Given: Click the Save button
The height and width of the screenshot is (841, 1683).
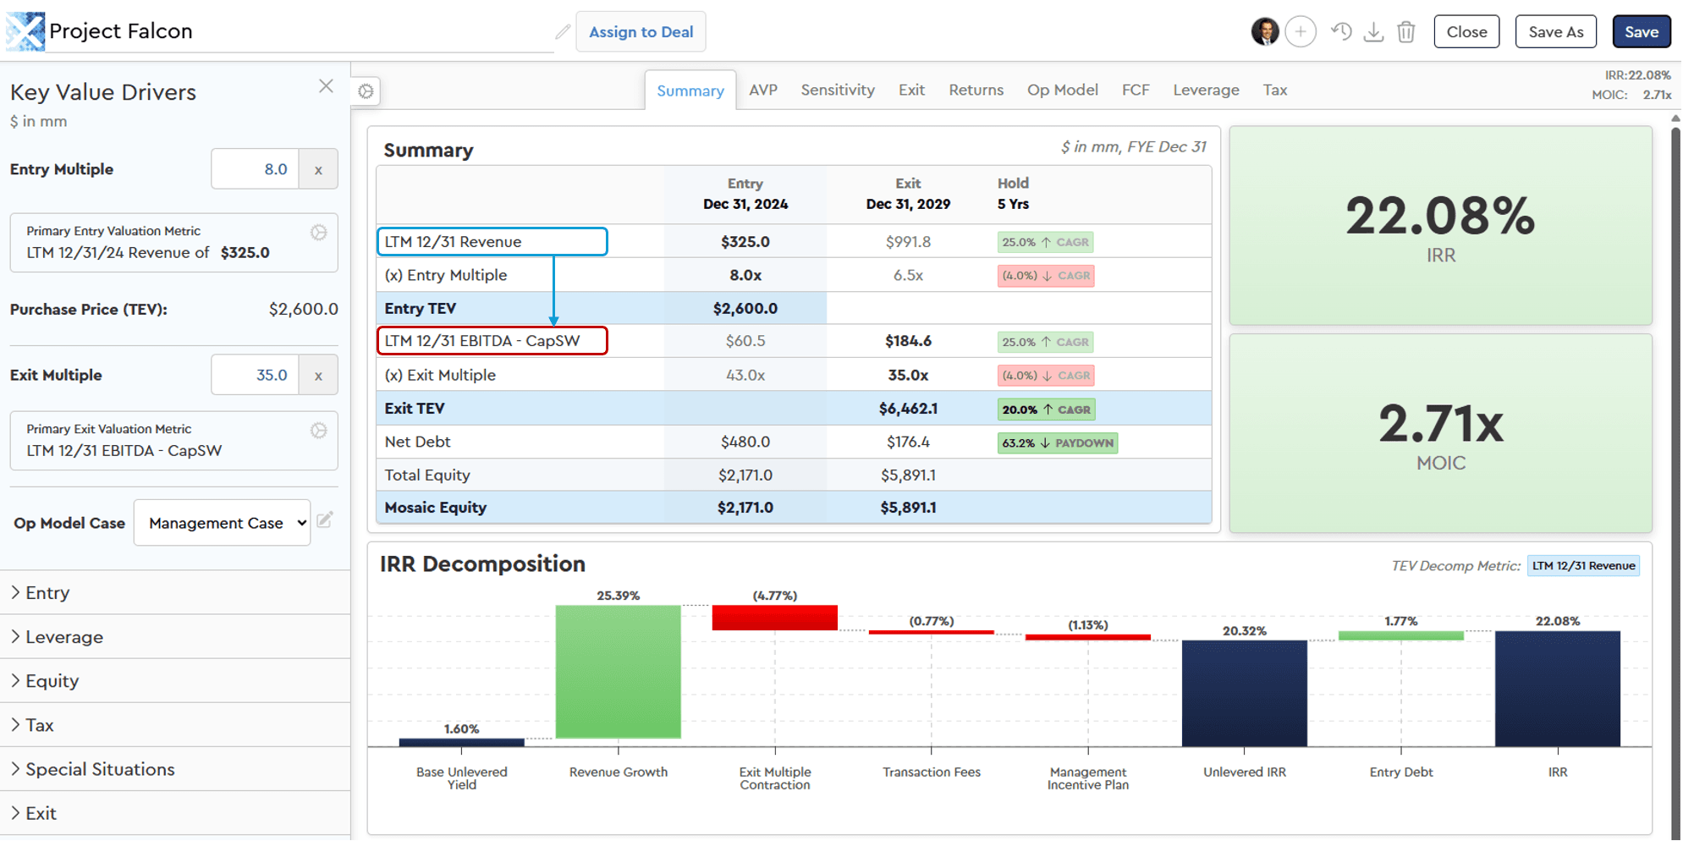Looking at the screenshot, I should tap(1641, 32).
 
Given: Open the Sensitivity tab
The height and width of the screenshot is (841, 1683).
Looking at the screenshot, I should tap(837, 90).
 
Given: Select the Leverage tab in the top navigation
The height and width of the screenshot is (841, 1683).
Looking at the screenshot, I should tap(1205, 90).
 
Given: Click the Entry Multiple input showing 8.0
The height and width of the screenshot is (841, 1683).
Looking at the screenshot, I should tap(255, 169).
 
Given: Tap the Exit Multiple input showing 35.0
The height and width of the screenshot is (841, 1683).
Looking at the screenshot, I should tap(255, 375).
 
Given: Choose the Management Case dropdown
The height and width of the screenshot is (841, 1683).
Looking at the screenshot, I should tap(222, 523).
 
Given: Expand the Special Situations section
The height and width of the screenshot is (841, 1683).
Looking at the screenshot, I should tap(100, 769).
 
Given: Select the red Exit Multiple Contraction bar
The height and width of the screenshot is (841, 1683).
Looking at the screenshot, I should tap(774, 618).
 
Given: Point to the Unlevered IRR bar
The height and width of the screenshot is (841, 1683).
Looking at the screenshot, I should tap(1244, 693).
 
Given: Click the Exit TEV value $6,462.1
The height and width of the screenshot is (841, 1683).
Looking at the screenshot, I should tap(908, 409).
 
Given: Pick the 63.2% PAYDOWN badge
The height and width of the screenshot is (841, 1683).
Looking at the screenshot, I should tap(1057, 442).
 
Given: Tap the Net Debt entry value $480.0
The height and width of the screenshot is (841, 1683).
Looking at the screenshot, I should tap(745, 442).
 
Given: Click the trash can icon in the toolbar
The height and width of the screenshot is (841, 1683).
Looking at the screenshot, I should tap(1405, 32).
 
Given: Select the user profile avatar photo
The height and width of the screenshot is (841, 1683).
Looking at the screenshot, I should tap(1264, 32).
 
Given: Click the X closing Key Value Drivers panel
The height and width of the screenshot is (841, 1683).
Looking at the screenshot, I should tap(326, 86).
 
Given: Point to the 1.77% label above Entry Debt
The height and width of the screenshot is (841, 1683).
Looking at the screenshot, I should tap(1400, 621).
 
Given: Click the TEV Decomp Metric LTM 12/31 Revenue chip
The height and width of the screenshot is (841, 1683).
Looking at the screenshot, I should tap(1582, 566).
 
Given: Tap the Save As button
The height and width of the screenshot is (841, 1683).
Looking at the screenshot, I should tap(1555, 32).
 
